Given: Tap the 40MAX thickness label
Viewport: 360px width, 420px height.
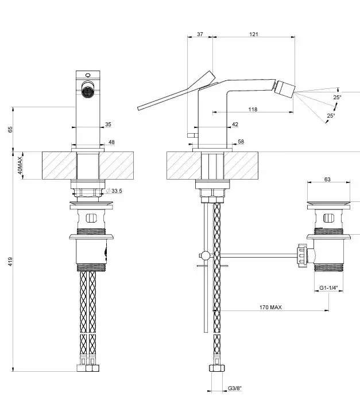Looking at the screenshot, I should click(19, 165).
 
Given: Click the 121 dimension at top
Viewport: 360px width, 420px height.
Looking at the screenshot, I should click(254, 34).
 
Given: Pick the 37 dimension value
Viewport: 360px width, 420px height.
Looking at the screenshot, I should click(200, 34).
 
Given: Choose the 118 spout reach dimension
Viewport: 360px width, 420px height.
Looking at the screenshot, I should click(253, 109).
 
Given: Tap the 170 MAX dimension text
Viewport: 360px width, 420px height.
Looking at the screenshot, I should click(270, 308).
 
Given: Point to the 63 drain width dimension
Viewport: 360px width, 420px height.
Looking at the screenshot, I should click(327, 180).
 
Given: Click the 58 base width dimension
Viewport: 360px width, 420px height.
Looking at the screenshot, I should click(240, 141).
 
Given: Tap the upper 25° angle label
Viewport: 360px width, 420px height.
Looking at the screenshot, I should click(337, 98).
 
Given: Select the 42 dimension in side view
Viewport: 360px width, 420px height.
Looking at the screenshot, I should click(235, 124).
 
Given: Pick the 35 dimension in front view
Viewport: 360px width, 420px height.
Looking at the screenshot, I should click(109, 124).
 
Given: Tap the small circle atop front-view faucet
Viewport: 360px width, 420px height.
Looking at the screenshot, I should click(88, 75).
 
